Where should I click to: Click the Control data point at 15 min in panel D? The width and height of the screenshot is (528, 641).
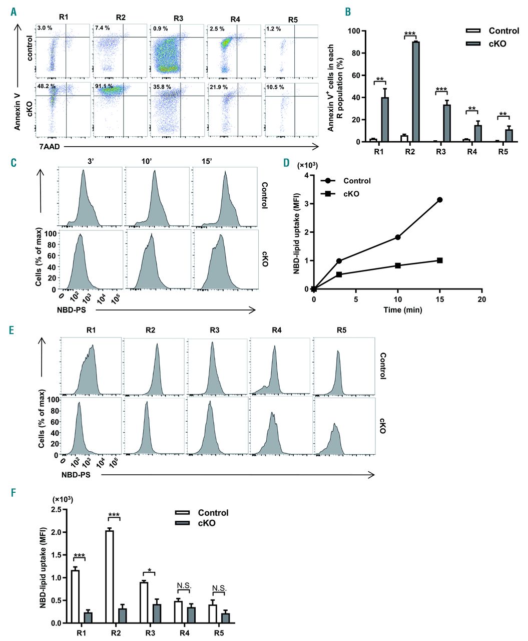click(440, 200)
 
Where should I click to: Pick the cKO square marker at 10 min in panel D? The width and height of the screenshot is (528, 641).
click(398, 265)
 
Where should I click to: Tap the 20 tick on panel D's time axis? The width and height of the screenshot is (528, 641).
click(481, 299)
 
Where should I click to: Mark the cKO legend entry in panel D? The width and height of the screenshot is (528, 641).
click(351, 194)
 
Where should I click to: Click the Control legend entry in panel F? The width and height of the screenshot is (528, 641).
click(213, 513)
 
